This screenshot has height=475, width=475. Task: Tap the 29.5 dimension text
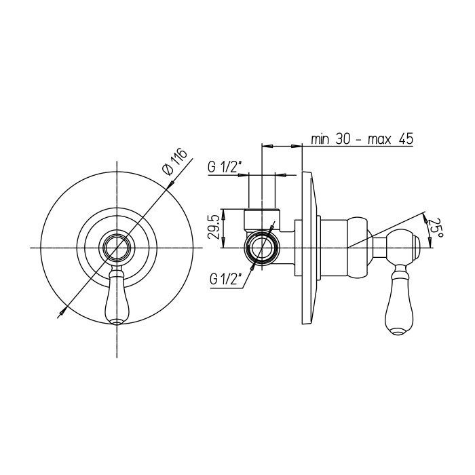[213, 227]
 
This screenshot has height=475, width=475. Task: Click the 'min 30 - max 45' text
[362, 139]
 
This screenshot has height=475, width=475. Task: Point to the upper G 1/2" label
[225, 167]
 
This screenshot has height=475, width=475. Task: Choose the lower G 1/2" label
[225, 280]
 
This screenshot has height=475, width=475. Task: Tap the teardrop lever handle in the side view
[399, 300]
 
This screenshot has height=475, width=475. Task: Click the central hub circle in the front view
[117, 248]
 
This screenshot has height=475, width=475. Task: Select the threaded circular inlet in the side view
[262, 248]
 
